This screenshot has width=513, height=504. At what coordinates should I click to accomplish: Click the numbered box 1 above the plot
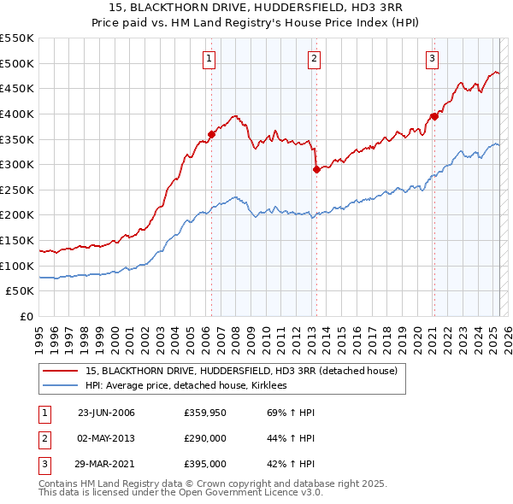tap(209, 59)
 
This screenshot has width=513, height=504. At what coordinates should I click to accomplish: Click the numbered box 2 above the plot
tap(314, 59)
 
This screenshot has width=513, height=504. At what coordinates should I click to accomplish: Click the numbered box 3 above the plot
tap(433, 59)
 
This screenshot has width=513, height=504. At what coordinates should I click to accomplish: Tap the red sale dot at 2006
tap(211, 133)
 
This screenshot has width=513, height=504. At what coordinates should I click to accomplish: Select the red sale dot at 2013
tap(315, 169)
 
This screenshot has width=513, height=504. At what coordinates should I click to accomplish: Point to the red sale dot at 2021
tap(434, 116)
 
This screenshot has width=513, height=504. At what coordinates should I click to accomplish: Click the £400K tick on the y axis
tap(16, 114)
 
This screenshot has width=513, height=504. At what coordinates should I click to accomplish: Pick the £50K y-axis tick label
tap(21, 291)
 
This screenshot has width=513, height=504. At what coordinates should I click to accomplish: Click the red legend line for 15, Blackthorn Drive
tap(60, 372)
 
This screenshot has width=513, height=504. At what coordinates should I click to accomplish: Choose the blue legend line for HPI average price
tap(60, 386)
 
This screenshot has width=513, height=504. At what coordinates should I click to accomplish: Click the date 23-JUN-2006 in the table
tap(106, 413)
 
